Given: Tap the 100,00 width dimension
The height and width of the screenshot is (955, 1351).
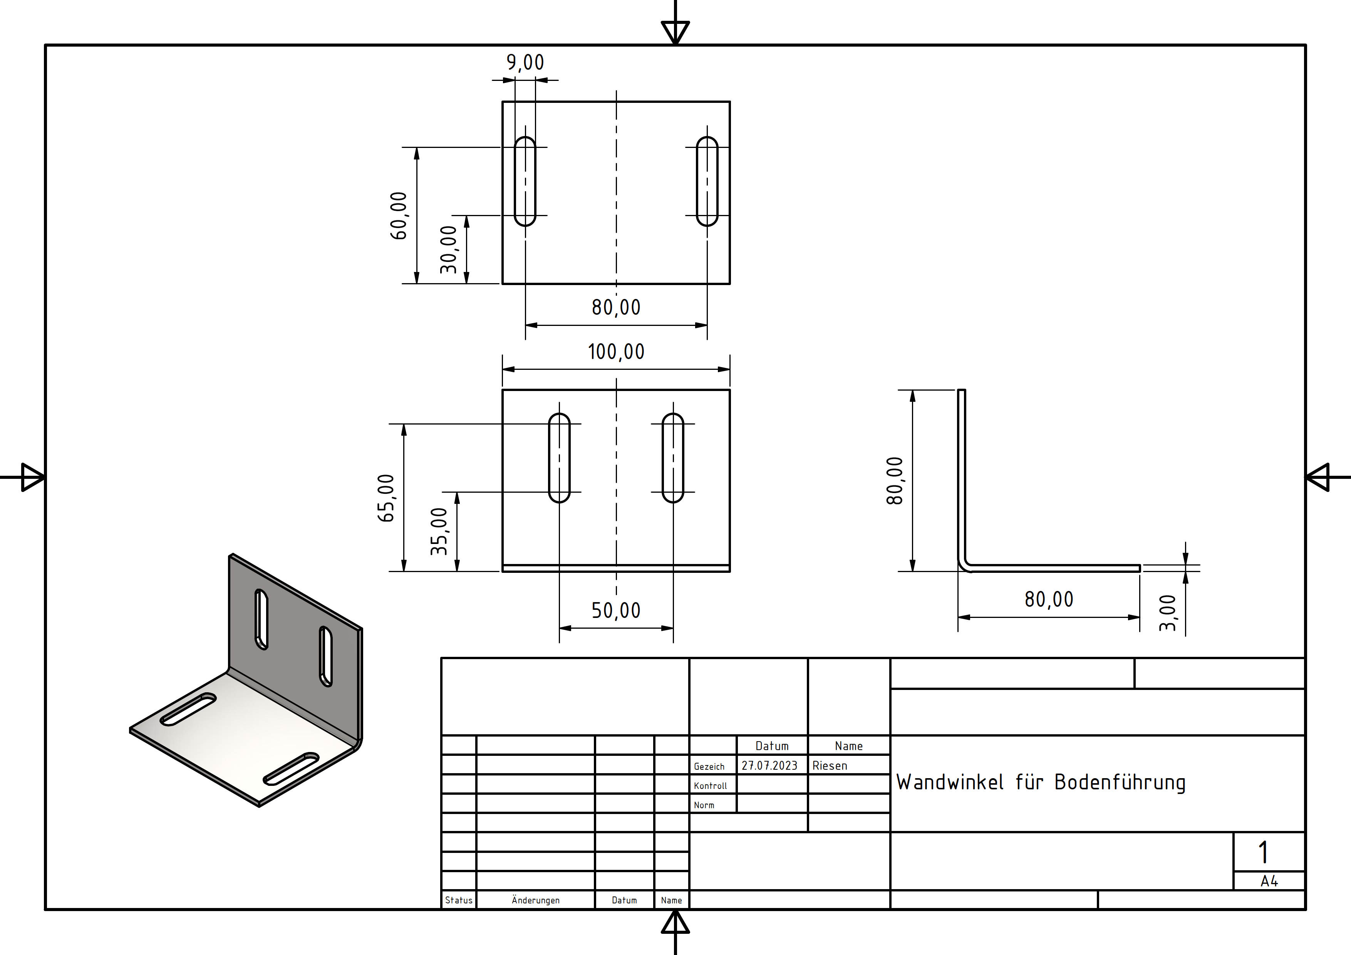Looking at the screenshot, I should pos(616,352).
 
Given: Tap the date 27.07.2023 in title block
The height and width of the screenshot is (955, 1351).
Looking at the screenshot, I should pos(769,765).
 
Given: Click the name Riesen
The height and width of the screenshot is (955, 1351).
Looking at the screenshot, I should pos(830,765).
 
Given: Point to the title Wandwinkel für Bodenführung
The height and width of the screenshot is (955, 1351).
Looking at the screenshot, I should pos(1040,782).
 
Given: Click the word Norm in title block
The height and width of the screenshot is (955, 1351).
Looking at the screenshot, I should pos(704,806).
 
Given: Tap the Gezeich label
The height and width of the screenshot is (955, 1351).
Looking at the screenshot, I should pos(709,767).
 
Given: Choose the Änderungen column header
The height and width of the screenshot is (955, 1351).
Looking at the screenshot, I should pos(535,900).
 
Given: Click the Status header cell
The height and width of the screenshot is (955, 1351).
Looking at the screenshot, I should pos(458,900).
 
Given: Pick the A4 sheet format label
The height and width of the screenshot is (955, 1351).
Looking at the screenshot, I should pos(1269,881).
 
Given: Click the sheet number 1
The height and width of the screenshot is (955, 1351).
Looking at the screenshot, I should pos(1263,852).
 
